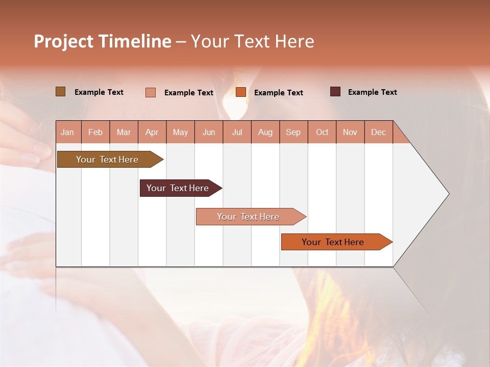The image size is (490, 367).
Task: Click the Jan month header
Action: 67,132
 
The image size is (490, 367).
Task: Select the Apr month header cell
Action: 152,132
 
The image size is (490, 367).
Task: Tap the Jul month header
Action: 237,132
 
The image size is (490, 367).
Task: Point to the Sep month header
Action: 293,132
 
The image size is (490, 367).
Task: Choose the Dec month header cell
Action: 378,132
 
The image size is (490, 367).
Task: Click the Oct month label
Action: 322,132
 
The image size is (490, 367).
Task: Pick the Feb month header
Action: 95,132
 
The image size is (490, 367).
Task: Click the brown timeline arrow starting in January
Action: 107,160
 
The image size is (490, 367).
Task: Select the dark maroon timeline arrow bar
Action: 178,188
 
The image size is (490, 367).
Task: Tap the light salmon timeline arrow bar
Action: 248,217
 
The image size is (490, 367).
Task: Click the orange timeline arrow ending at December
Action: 333,242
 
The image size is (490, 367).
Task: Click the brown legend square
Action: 60,92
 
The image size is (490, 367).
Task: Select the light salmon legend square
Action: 150,92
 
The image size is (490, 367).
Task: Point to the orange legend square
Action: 241,92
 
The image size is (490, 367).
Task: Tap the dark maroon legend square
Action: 335,92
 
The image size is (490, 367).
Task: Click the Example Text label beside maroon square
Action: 372,92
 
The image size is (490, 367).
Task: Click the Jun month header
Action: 209,132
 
